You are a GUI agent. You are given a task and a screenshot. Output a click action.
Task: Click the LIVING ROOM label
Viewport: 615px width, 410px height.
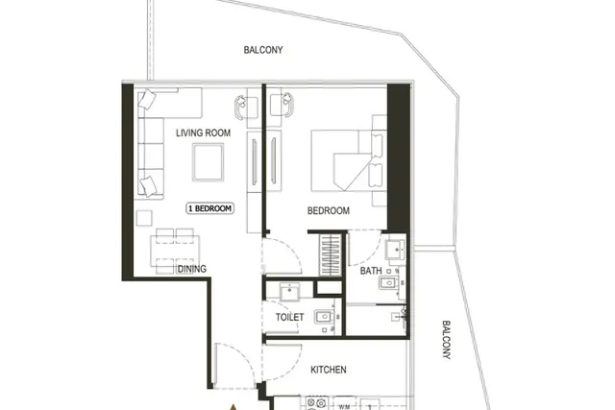click(x=203, y=133)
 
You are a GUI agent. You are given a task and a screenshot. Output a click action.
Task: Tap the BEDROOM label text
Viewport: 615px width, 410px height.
click(x=329, y=211)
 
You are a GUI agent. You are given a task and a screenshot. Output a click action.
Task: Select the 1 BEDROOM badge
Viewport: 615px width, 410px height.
click(x=209, y=208)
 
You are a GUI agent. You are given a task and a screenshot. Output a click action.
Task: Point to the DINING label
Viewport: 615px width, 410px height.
click(x=192, y=269)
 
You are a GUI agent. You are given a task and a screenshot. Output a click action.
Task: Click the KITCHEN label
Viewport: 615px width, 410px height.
click(x=329, y=370)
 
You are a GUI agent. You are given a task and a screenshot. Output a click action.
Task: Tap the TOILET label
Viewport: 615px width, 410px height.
click(x=289, y=317)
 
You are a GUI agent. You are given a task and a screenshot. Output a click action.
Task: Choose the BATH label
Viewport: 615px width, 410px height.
click(x=371, y=271)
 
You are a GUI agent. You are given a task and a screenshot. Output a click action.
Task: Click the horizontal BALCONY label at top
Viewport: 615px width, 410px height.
click(x=263, y=50)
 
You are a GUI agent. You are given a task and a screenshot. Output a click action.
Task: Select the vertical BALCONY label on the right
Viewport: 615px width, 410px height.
click(x=446, y=340)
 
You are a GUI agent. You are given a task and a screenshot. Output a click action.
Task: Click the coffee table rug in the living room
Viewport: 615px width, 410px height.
click(x=208, y=162)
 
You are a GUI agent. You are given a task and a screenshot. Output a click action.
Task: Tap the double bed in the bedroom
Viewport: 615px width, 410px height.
click(x=347, y=160)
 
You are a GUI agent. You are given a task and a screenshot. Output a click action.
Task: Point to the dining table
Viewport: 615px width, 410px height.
click(x=175, y=251)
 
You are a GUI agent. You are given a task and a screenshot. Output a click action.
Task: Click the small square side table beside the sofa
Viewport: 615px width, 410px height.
click(x=144, y=218)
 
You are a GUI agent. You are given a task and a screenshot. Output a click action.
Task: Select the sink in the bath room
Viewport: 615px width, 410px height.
click(x=395, y=250)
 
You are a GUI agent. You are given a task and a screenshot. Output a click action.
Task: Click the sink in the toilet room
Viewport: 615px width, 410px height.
click(x=290, y=292)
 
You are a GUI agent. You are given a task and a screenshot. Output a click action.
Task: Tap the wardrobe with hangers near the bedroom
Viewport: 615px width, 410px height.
click(x=331, y=255)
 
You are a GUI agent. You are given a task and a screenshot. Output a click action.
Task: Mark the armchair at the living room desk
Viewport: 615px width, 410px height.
click(x=242, y=107)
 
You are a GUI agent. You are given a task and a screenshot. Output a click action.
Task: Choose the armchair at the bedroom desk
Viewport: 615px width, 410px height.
click(x=287, y=105)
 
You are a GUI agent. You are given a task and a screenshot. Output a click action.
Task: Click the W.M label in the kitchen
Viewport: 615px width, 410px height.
click(x=344, y=407)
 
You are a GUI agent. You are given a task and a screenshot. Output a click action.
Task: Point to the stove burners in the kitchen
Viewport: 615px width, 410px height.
click(x=316, y=403)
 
